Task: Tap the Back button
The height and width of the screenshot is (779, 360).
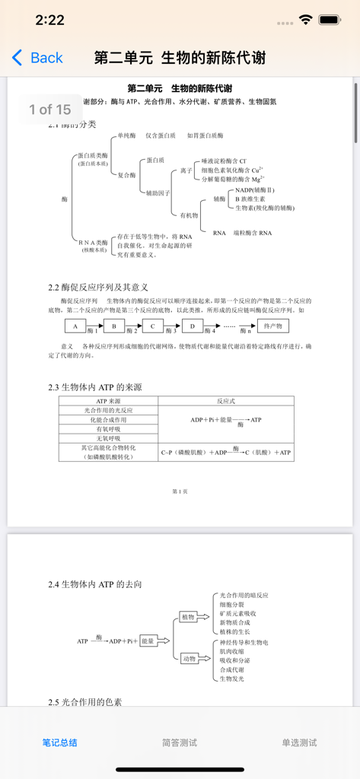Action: [x=37, y=58]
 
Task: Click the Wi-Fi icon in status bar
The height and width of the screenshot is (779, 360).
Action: [x=306, y=20]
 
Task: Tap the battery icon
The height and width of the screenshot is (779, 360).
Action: [x=330, y=20]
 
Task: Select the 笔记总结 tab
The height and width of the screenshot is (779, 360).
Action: [x=59, y=742]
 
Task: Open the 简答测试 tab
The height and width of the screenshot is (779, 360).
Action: [x=180, y=742]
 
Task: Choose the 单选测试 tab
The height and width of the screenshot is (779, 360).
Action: [x=299, y=742]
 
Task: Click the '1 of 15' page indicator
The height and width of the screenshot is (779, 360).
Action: [x=50, y=110]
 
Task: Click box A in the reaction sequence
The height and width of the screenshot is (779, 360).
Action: [x=75, y=326]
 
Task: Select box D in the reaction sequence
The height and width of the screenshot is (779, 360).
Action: [x=192, y=326]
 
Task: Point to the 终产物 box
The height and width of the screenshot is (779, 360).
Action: [x=272, y=326]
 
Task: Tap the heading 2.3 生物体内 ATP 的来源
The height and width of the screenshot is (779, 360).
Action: [x=95, y=387]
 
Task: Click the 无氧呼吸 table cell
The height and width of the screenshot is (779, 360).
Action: [x=108, y=438]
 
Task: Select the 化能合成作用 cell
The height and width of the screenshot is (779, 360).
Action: [x=108, y=419]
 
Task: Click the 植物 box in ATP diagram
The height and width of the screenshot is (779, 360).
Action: [x=188, y=617]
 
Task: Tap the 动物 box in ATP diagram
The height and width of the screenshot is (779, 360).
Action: [x=188, y=659]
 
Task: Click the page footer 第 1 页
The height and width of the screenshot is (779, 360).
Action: [x=180, y=491]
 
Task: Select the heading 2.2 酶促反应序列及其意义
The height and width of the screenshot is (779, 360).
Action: [x=98, y=287]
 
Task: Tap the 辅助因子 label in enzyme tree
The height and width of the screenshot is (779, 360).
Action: [x=158, y=192]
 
